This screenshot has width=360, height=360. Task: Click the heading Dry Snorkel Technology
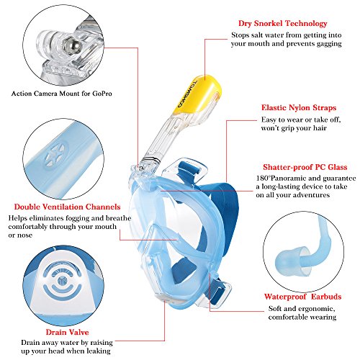pos(283,24)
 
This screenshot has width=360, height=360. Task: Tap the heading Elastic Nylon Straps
pos(299,108)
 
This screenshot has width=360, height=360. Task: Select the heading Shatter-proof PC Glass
pos(305,167)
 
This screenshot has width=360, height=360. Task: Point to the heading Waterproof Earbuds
pos(302,297)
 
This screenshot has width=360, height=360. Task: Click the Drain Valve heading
pos(67,332)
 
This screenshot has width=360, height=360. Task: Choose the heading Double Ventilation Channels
pos(67,207)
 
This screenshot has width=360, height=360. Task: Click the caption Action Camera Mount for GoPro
pos(62,94)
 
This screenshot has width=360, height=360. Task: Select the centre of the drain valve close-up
pos(63,279)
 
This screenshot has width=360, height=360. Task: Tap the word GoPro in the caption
pos(102,94)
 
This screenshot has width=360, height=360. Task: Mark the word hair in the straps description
pos(320,128)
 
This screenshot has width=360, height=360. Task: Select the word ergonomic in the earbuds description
pos(316,309)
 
